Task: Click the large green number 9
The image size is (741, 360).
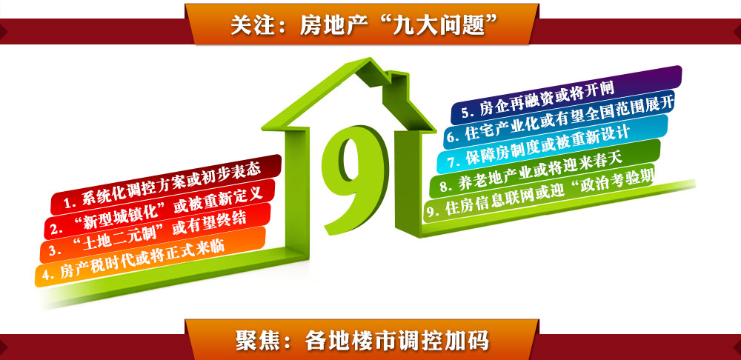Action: pos(355,179)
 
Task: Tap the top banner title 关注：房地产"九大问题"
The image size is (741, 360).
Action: pos(365,24)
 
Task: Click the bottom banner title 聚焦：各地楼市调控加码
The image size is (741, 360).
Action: pos(362,341)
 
